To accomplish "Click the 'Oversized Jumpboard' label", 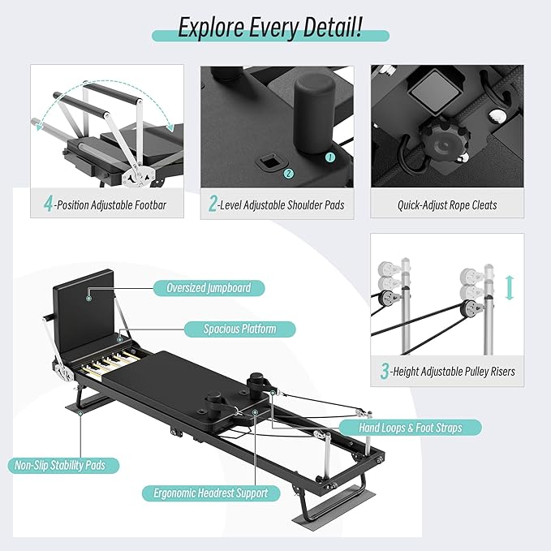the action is [x=209, y=288].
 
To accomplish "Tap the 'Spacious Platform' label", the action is [x=240, y=329].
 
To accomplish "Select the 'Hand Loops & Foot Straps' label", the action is [x=410, y=428].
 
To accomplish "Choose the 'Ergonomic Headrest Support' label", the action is [x=211, y=493].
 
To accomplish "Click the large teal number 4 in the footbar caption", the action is [x=49, y=204].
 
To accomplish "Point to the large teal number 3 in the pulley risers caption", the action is [x=385, y=371].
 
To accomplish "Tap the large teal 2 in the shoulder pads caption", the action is [x=213, y=204].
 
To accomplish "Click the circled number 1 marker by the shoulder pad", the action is [x=329, y=157].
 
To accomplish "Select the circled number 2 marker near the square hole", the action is [x=289, y=173].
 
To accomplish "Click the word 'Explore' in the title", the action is [x=211, y=28].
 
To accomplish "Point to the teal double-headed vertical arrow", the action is [x=510, y=288].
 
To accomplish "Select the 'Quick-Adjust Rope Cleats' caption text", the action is [x=447, y=204].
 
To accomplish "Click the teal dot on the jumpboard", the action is [x=89, y=299].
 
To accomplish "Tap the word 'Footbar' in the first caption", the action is [x=150, y=204].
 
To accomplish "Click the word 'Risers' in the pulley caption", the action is [x=501, y=372].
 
